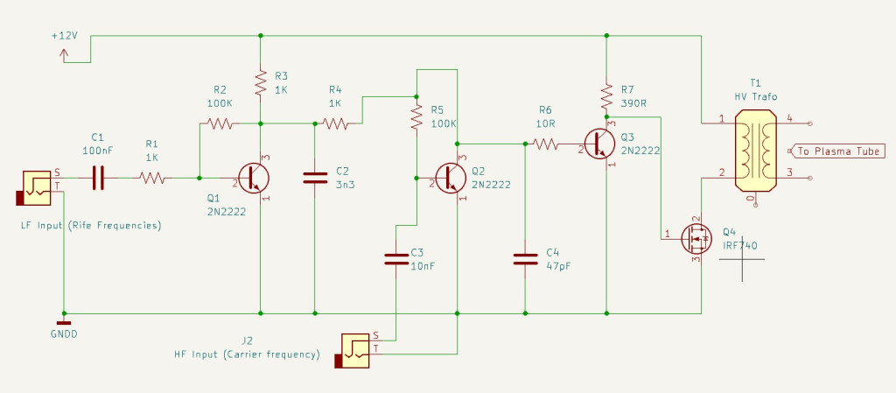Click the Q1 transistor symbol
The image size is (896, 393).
coord(255,178)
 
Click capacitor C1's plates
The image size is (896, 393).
coord(98,178)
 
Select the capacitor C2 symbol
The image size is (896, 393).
coord(314,178)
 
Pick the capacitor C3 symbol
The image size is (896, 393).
coord(396,258)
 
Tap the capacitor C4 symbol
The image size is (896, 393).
coord(525,258)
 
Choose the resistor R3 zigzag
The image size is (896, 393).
coord(261,83)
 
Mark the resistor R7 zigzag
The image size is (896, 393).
coord(605,92)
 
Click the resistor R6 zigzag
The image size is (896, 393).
coord(545,144)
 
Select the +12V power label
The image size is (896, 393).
coord(65,36)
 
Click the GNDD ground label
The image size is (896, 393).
coord(63,333)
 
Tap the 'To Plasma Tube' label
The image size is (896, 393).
coord(835,151)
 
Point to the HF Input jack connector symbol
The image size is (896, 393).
coord(354,348)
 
